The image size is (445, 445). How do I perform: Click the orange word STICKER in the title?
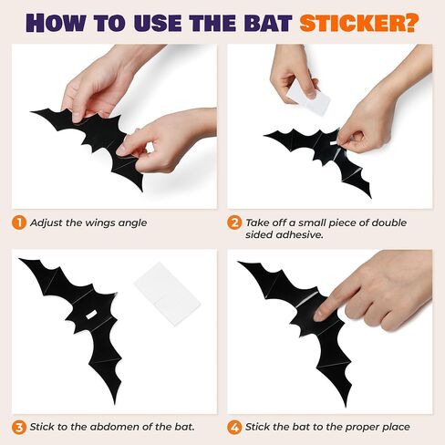[353, 22]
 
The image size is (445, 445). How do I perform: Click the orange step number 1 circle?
[19, 222]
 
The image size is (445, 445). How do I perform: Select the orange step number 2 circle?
[234, 222]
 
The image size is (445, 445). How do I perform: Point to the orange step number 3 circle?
[19, 427]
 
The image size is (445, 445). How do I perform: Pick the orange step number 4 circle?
[234, 427]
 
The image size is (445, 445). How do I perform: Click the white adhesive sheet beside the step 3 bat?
[168, 294]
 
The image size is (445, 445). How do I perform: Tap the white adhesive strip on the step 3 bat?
[91, 315]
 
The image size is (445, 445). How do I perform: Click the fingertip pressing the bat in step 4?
[319, 316]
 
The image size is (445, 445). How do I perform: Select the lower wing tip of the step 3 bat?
[115, 404]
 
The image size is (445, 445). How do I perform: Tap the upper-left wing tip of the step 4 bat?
[239, 262]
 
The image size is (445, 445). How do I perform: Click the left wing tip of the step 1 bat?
[32, 112]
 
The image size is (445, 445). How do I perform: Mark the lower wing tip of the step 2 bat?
[370, 197]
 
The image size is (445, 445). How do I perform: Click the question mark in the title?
[411, 22]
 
